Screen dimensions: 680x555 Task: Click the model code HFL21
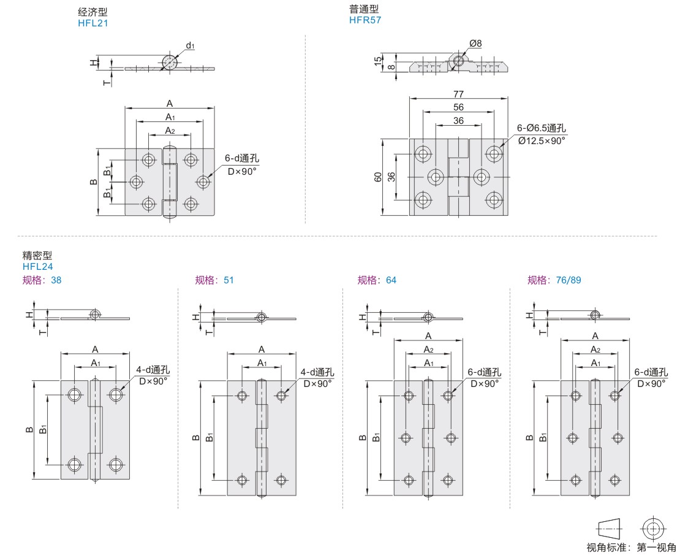tap(93, 23)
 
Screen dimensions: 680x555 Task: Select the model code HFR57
tap(365, 20)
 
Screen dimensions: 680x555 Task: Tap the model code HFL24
tap(38, 267)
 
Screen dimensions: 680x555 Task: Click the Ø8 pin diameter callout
tap(475, 43)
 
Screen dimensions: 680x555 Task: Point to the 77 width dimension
tap(458, 94)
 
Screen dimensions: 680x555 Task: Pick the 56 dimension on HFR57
tap(458, 107)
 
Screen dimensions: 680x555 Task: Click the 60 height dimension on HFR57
tap(378, 177)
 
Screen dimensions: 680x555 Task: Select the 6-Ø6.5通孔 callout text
tap(541, 128)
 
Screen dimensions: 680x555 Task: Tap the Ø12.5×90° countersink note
tap(542, 140)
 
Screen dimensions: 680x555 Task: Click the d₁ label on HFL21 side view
tap(190, 45)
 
